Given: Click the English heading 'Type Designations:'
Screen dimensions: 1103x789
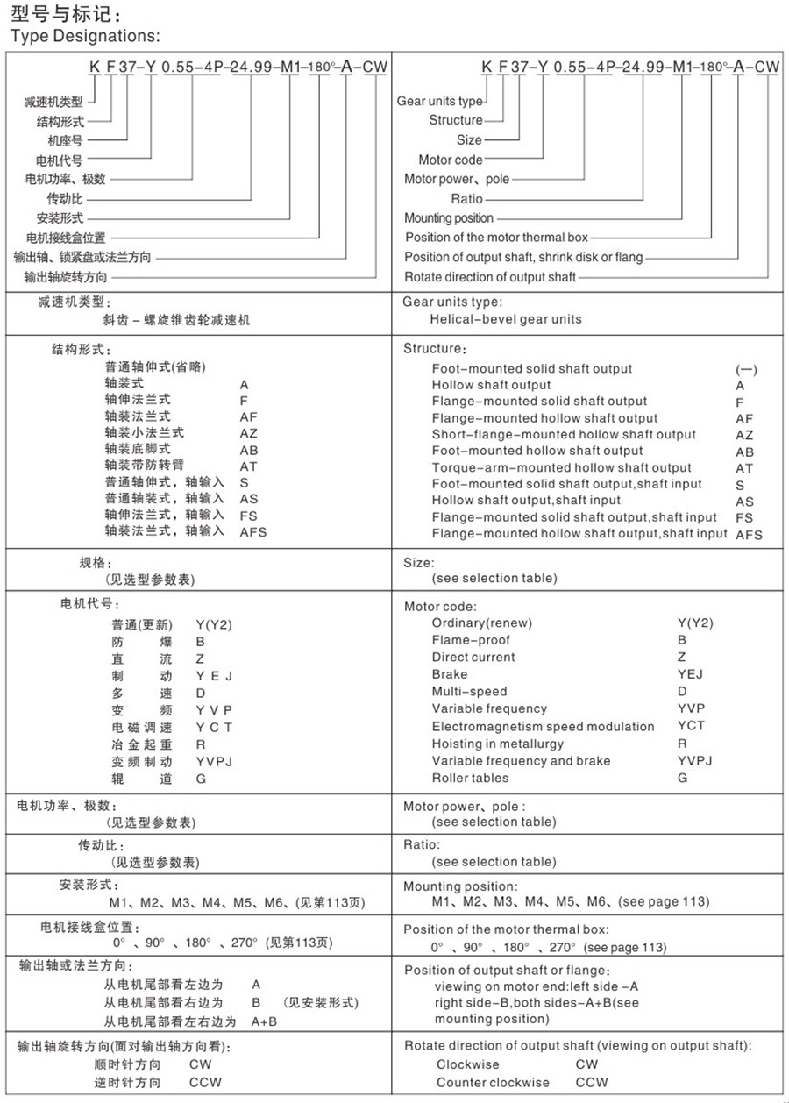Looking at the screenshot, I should click(x=85, y=36).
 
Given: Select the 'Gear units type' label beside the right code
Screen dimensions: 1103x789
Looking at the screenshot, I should click(x=439, y=101).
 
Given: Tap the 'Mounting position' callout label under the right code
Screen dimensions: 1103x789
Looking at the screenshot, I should click(x=449, y=217).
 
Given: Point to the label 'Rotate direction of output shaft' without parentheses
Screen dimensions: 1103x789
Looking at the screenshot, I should click(x=490, y=277).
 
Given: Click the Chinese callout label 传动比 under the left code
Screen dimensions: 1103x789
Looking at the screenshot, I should click(x=65, y=198).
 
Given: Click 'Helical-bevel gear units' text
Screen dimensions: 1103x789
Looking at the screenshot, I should click(x=506, y=319).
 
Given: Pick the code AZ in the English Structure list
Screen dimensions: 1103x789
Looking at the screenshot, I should click(x=744, y=435).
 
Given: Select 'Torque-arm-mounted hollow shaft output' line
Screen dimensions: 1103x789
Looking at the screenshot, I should click(x=561, y=467).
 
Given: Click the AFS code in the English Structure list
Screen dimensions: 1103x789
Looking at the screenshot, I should click(x=749, y=534).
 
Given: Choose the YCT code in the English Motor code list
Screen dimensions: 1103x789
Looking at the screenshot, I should click(x=691, y=726).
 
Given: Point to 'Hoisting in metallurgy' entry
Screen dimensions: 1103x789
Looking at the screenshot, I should click(x=497, y=744).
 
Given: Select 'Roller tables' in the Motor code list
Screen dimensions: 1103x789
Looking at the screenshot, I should click(x=470, y=778).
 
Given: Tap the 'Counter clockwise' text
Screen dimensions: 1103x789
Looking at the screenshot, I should click(x=493, y=1082).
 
